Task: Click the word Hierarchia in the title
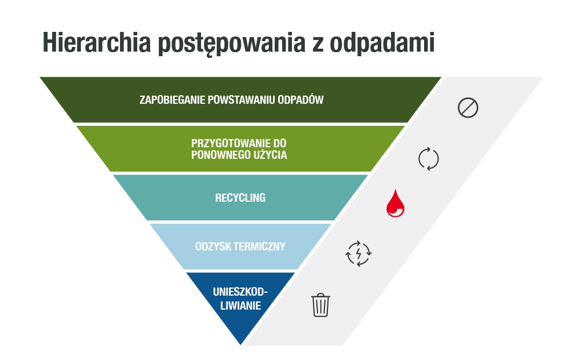[96, 42]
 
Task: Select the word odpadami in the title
[382, 42]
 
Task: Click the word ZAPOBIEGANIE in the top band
[173, 100]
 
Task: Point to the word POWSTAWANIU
[242, 100]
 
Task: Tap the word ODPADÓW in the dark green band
[301, 100]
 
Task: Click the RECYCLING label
[240, 198]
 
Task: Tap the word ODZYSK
[212, 246]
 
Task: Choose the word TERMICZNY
[258, 246]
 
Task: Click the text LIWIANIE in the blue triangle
[240, 306]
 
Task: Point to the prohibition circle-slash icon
[468, 108]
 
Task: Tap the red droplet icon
[395, 203]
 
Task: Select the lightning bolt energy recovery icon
[358, 253]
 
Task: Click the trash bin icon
[321, 305]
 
